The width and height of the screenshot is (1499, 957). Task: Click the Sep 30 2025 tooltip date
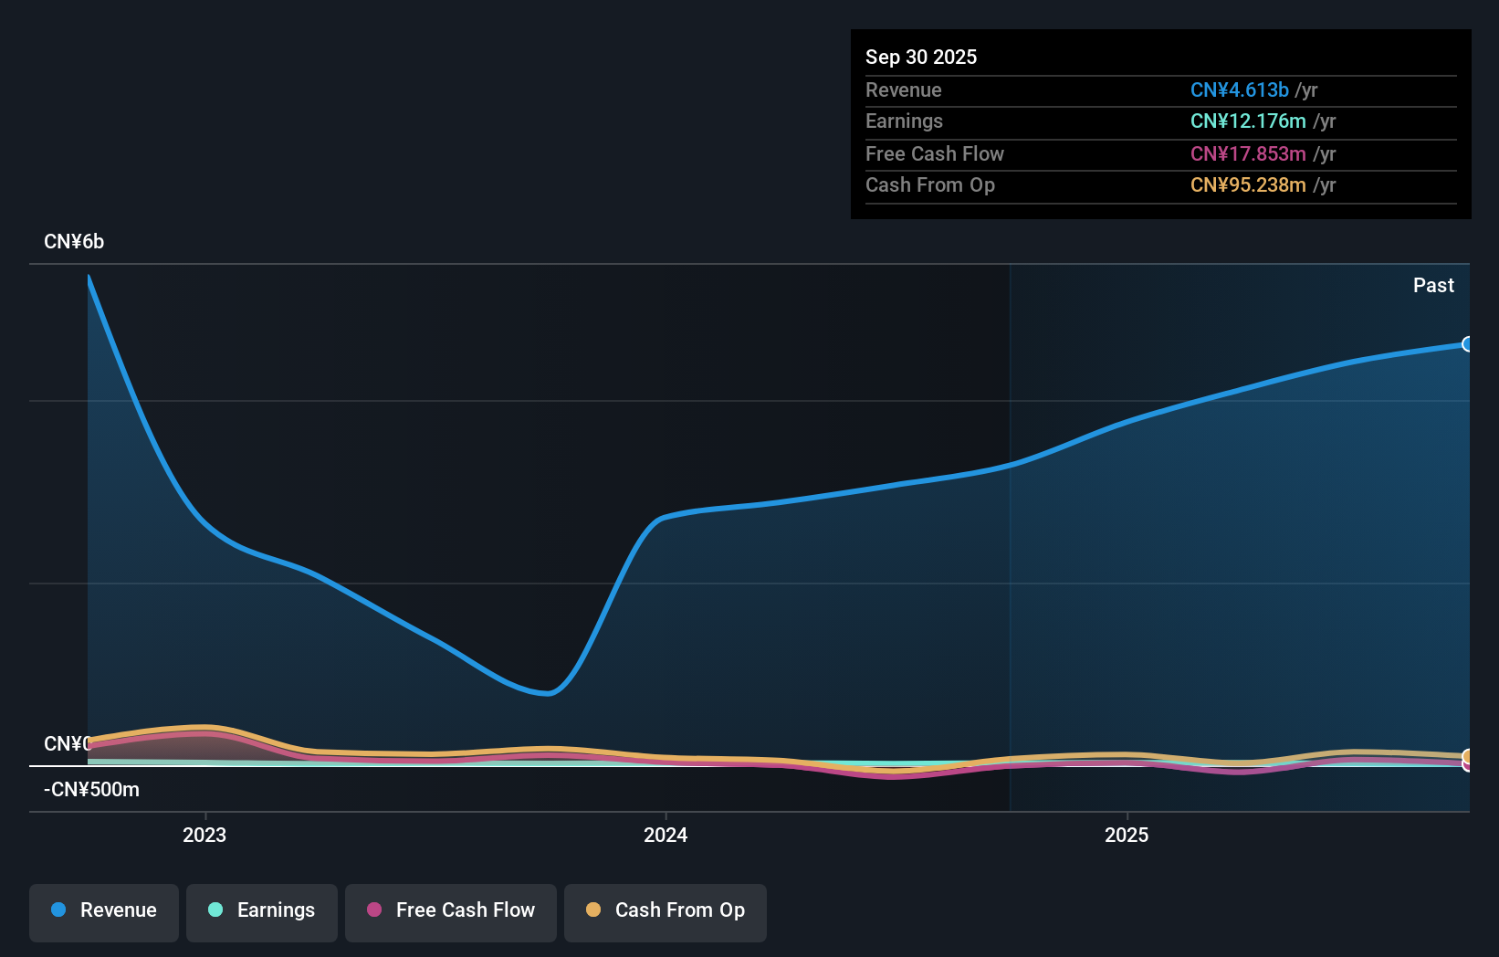(x=920, y=57)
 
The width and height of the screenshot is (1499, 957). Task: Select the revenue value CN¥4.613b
(x=1239, y=89)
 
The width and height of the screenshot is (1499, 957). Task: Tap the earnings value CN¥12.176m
(x=1247, y=121)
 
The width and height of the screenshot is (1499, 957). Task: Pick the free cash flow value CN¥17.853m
(x=1247, y=153)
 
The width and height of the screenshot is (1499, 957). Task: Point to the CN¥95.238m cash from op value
(x=1247, y=184)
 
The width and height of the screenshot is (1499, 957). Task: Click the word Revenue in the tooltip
(x=903, y=89)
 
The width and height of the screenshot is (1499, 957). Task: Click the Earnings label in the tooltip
(x=904, y=121)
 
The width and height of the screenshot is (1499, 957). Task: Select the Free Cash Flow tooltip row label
(x=934, y=153)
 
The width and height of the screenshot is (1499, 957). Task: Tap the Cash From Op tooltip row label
(x=929, y=184)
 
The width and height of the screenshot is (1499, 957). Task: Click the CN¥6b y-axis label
(x=74, y=241)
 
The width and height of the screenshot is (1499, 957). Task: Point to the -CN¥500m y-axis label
(x=91, y=789)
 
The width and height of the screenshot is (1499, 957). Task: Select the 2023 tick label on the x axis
(x=204, y=835)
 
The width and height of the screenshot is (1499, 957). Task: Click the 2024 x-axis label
(x=666, y=835)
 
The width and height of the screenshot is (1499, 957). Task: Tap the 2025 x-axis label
(x=1127, y=835)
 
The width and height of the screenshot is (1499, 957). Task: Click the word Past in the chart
(x=1433, y=285)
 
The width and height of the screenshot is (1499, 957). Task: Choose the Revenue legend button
(x=104, y=911)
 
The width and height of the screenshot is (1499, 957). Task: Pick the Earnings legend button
(x=262, y=911)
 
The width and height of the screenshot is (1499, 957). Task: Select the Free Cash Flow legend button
(x=451, y=911)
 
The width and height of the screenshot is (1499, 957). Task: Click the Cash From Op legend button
(x=666, y=911)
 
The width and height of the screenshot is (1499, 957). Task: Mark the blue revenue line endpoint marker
(x=1467, y=344)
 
